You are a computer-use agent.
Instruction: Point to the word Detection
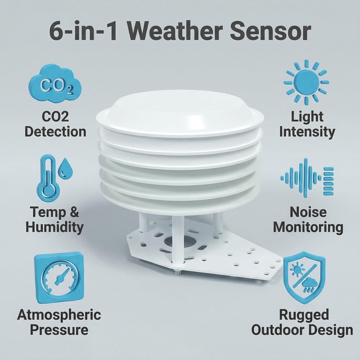pos(55,131)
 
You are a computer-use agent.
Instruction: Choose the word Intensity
pos(307,131)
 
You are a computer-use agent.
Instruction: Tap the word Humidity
pos(54,227)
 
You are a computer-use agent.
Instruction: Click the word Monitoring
pos(308,227)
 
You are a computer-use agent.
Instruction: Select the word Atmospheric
pos(59,314)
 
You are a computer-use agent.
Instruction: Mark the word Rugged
pos(304,314)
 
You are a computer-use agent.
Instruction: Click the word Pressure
pos(59,329)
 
